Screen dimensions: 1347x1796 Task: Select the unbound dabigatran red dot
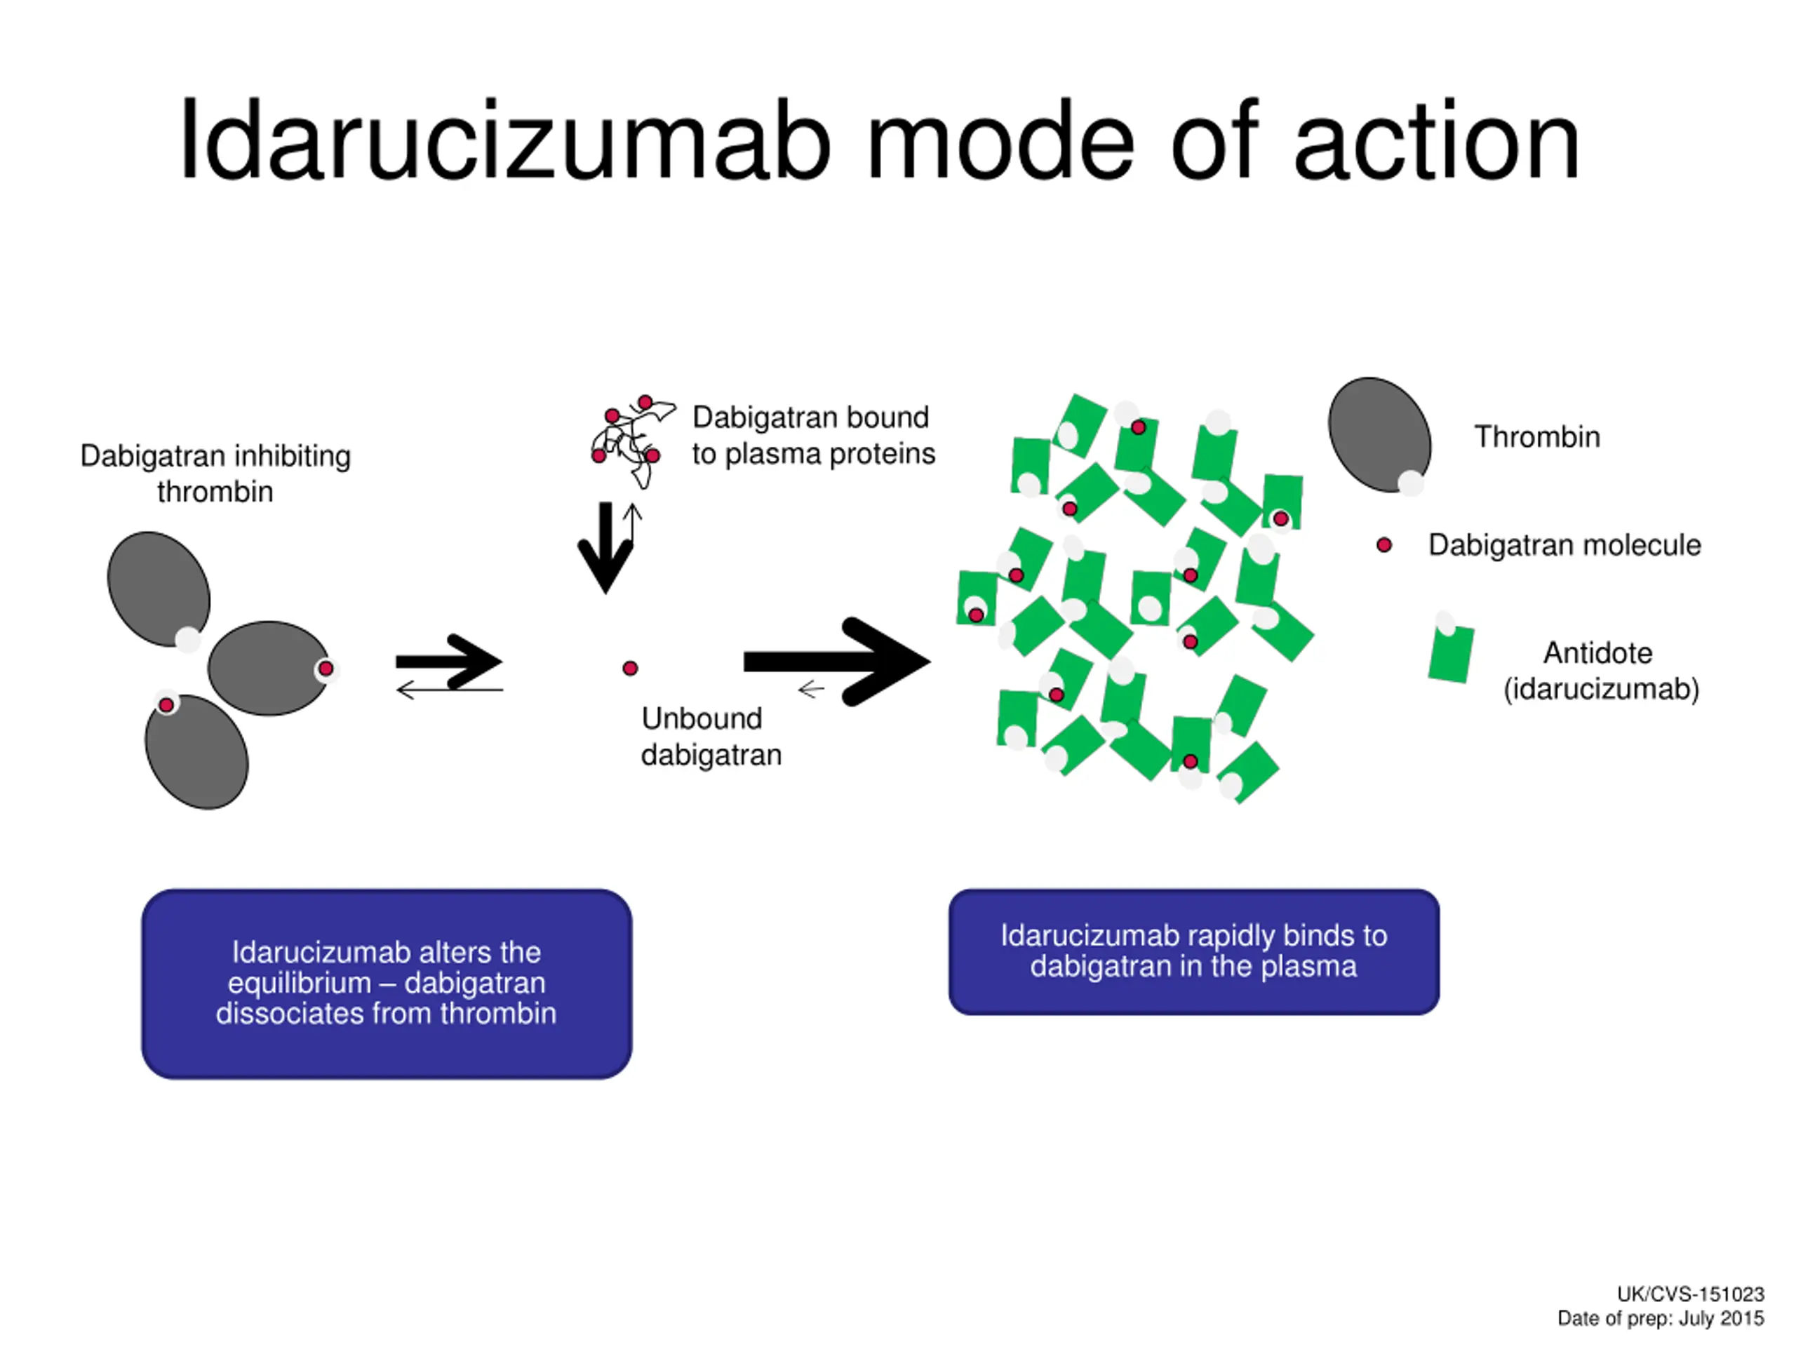[x=630, y=668]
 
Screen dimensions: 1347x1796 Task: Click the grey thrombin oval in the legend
[x=1378, y=434]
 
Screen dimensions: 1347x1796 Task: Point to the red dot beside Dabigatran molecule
[x=1384, y=545]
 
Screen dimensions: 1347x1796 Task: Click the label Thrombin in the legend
[x=1537, y=437]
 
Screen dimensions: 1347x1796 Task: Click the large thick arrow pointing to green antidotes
[x=836, y=662]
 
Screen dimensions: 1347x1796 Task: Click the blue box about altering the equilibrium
[x=387, y=984]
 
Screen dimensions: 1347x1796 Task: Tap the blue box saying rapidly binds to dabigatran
[x=1193, y=951]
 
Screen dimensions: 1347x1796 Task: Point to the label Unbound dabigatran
[x=711, y=737]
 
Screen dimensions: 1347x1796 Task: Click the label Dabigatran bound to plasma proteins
[x=812, y=435]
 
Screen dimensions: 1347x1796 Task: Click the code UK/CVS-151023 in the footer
[x=1691, y=1294]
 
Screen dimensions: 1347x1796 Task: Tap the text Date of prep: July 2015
[x=1661, y=1318]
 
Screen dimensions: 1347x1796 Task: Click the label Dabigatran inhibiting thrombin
[x=215, y=474]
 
